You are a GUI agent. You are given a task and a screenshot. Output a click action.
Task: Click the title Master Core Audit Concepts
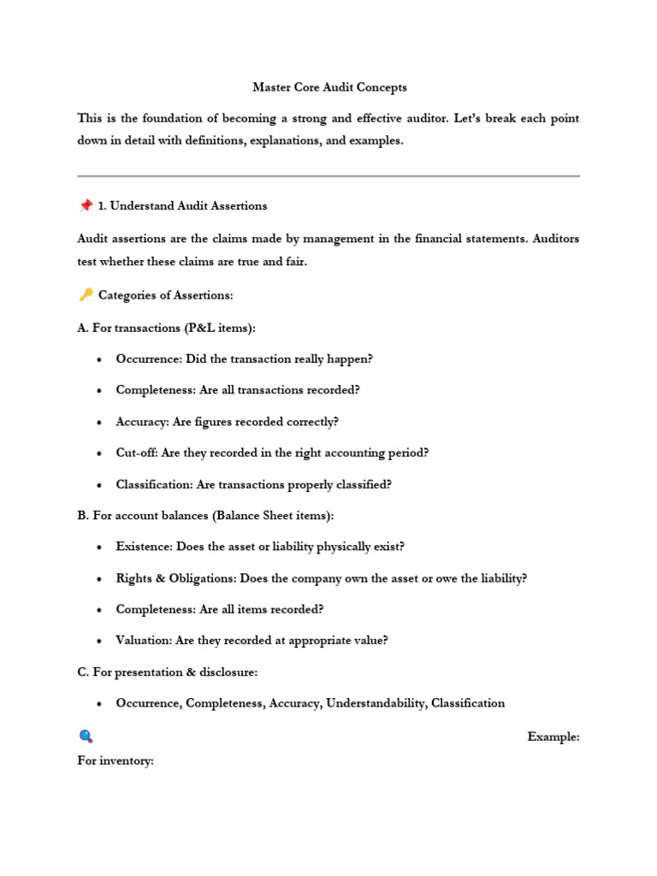(x=328, y=87)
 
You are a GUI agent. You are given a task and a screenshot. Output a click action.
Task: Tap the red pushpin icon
(x=85, y=205)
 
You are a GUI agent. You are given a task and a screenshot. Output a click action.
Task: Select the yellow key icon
(x=85, y=295)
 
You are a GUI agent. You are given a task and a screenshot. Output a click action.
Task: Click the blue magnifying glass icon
(x=85, y=737)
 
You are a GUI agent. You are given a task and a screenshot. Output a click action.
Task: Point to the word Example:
(x=553, y=737)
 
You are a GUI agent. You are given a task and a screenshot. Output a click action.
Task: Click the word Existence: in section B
(x=145, y=547)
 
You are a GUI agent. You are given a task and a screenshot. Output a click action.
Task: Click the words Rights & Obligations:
(x=176, y=578)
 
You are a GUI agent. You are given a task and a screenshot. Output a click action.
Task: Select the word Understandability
(x=375, y=703)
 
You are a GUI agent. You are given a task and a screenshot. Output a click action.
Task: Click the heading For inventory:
(x=115, y=761)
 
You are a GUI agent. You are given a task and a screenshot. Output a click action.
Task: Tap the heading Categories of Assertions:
(x=165, y=295)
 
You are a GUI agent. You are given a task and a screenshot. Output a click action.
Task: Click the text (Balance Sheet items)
(x=271, y=516)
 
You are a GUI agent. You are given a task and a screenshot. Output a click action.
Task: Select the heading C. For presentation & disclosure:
(x=167, y=672)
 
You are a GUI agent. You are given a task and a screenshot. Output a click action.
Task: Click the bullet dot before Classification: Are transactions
(x=100, y=485)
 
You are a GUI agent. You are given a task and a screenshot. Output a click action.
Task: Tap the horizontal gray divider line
(x=328, y=176)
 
